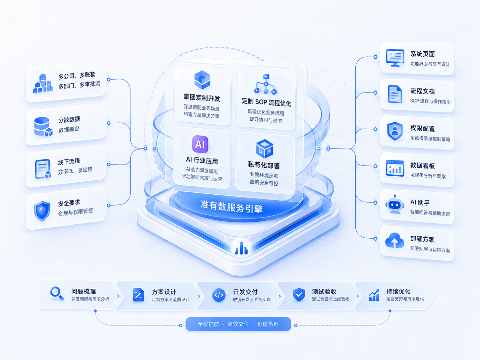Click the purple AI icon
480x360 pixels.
(200, 144)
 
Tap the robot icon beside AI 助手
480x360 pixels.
(394, 204)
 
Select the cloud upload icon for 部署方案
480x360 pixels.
(394, 240)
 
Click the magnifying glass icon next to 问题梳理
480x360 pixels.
(57, 293)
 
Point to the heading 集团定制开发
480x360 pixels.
(202, 98)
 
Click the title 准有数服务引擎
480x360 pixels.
(232, 206)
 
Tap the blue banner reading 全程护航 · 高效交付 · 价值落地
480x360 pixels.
(238, 324)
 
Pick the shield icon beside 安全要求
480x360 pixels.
(42, 211)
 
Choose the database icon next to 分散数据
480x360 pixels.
(43, 127)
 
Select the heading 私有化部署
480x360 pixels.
(264, 165)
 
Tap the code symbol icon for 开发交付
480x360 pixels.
(219, 295)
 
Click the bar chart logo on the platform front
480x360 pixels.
(241, 248)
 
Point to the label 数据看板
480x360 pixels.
(422, 165)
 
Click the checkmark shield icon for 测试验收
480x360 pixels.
(299, 294)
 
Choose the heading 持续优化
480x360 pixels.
(398, 291)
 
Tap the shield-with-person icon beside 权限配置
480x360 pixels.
(395, 131)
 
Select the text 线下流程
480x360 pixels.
(69, 161)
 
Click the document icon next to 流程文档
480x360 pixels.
(395, 94)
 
